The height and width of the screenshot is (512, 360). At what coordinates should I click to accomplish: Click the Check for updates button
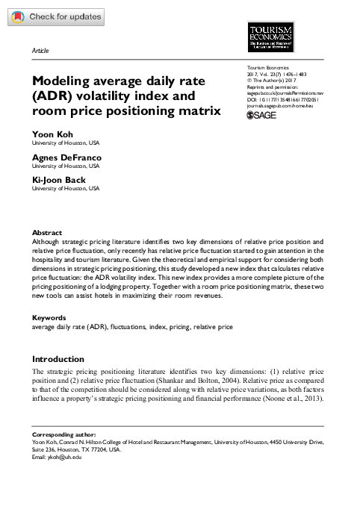coord(53,16)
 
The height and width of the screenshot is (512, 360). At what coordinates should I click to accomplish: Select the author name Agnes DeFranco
coord(65,158)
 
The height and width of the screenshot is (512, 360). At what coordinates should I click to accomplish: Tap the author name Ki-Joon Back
coord(58,182)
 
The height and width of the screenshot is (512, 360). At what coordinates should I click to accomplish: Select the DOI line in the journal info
coord(276,99)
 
